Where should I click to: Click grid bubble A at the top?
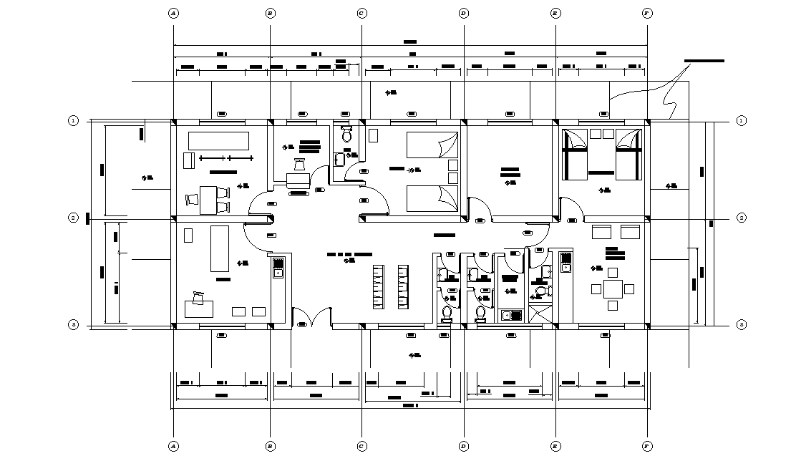tap(173, 13)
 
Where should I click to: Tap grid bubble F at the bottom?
tap(647, 446)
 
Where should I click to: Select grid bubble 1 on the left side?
tap(73, 120)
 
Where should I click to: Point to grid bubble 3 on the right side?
tap(741, 325)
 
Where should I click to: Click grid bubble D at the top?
tap(464, 13)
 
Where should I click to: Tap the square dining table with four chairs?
tap(613, 289)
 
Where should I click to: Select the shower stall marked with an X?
tap(540, 314)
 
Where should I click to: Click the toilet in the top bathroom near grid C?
tap(347, 135)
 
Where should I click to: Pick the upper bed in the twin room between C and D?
tap(432, 145)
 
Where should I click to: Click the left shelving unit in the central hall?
tap(379, 287)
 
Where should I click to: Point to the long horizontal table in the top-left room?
tap(218, 140)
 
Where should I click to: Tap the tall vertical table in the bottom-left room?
tap(219, 248)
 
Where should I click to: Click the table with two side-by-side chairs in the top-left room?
tap(207, 199)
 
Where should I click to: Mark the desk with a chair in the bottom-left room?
tap(200, 306)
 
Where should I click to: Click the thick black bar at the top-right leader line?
tap(704, 61)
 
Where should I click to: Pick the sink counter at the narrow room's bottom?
tap(510, 315)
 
